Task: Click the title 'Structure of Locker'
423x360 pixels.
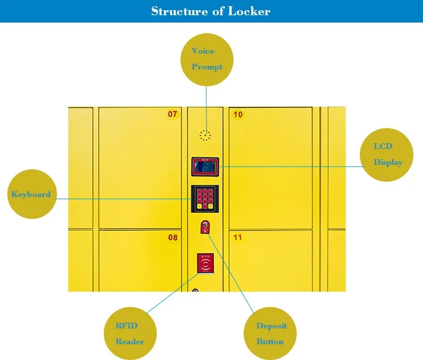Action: (210, 11)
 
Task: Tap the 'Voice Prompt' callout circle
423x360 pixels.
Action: (206, 59)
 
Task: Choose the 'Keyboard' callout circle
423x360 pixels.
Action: (31, 194)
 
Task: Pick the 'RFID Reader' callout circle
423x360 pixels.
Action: (129, 333)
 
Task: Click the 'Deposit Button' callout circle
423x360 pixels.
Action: (271, 333)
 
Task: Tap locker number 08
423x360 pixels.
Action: (140, 260)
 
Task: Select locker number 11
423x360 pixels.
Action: (270, 260)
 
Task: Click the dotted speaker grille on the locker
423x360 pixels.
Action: (205, 135)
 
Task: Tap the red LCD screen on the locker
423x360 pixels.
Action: (205, 166)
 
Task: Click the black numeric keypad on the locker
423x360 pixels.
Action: (205, 198)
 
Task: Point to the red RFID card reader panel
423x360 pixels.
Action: (205, 262)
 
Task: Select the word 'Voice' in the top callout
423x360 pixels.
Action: (203, 51)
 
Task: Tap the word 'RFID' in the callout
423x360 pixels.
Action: (126, 326)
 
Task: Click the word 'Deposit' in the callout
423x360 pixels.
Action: (271, 326)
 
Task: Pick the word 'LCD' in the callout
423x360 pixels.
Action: (383, 147)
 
